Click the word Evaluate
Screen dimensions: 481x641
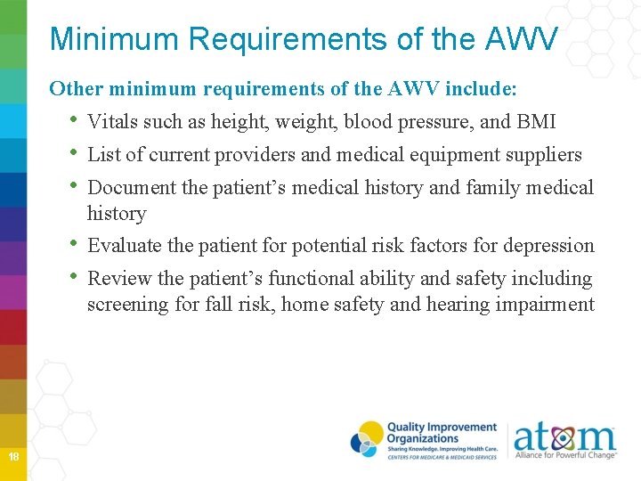pyautogui.click(x=125, y=246)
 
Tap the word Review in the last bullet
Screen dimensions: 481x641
pyautogui.click(x=120, y=279)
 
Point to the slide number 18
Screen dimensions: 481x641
pyautogui.click(x=13, y=457)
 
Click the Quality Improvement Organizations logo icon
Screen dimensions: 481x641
pyautogui.click(x=367, y=439)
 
